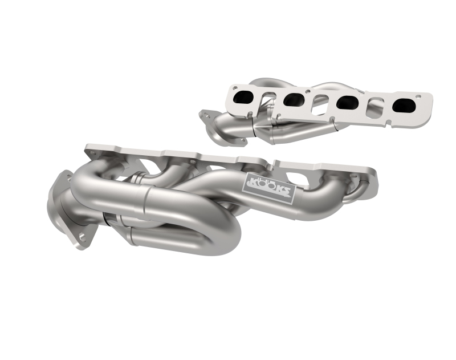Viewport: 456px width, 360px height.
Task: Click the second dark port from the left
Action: [x=295, y=100]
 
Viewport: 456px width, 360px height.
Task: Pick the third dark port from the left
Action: [x=347, y=103]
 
